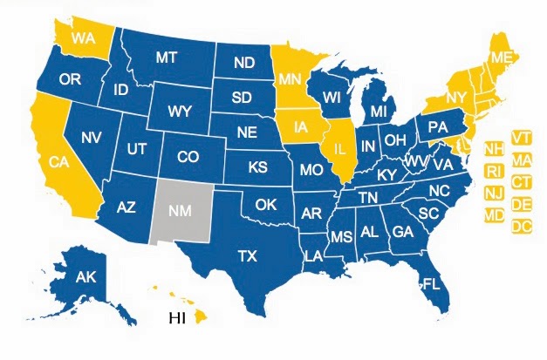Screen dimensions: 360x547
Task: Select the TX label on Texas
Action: pos(249,256)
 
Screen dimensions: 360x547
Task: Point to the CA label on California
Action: pos(59,161)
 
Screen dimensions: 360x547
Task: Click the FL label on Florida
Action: pos(428,282)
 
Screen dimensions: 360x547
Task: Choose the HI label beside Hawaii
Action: pos(177,317)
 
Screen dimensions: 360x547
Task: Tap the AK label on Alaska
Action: pos(85,278)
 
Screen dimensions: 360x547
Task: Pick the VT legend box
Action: pos(523,139)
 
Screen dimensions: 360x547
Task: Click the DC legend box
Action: pos(522,227)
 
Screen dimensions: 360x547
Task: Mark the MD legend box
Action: pos(493,214)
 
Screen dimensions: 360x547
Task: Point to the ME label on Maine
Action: pos(500,58)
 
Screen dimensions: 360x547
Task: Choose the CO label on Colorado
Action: pos(188,158)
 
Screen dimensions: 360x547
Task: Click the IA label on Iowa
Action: pos(299,126)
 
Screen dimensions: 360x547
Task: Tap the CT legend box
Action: pos(523,182)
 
